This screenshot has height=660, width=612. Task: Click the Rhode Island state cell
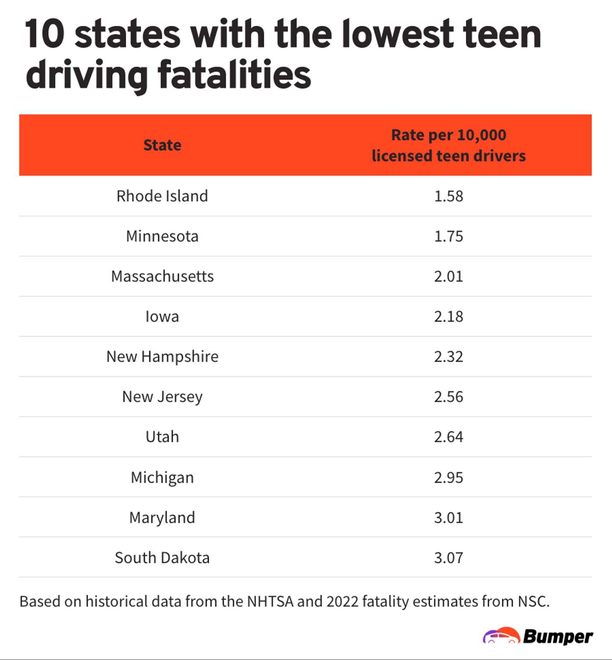point(162,196)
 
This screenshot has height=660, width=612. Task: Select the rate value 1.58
point(448,196)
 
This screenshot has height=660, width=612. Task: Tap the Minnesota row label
point(162,236)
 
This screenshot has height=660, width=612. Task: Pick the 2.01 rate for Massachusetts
point(448,276)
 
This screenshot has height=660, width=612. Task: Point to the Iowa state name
point(162,317)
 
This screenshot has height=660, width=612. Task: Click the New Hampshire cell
point(162,357)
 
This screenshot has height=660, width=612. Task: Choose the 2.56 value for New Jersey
point(448,397)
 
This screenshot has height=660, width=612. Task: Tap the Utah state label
point(162,437)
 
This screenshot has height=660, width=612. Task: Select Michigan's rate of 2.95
point(448,477)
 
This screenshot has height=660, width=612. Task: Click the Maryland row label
point(162,517)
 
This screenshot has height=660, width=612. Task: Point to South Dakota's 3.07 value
point(448,557)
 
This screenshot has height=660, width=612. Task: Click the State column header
point(162,145)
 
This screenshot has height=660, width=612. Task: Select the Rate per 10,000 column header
point(448,145)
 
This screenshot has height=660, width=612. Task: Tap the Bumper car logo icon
point(501,636)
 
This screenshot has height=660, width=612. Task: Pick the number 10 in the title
point(44,34)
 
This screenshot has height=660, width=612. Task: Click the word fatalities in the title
point(234,75)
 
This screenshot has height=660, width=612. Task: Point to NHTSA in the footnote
point(270,601)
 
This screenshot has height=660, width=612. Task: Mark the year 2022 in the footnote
point(342,601)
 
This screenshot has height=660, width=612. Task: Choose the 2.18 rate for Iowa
point(448,317)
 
